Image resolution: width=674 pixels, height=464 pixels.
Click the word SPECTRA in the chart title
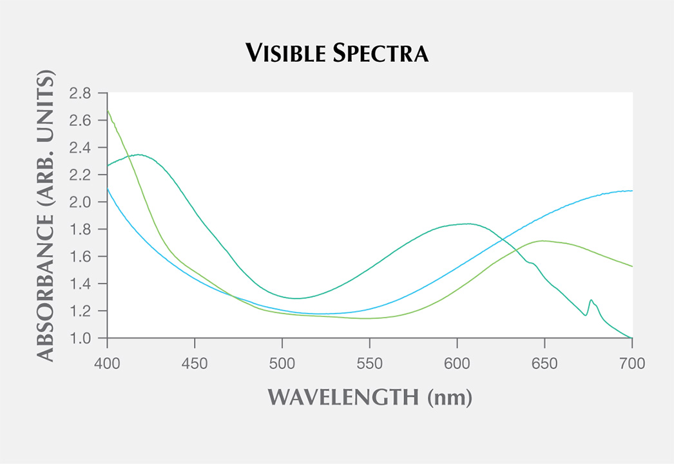380,54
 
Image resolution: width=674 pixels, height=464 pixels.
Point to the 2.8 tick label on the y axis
81,93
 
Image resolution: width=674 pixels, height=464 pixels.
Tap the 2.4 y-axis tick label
81,148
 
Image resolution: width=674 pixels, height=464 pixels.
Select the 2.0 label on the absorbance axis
81,202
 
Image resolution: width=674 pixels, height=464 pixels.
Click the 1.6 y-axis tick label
81,257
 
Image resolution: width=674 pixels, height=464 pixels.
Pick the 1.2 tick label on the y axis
81,311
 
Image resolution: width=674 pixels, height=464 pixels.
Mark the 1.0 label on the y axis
81,338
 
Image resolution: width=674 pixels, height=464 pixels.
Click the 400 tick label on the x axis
107,364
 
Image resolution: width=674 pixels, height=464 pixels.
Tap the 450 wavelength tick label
195,364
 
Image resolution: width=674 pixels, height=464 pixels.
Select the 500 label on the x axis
282,364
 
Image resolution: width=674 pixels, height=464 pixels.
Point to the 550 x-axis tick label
370,364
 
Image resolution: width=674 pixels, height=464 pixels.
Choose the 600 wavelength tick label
457,364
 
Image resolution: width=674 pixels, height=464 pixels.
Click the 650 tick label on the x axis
544,364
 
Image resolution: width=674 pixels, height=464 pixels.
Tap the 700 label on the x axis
631,364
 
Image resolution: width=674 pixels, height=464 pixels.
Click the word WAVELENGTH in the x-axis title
343,397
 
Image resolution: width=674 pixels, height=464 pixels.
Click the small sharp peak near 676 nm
590,300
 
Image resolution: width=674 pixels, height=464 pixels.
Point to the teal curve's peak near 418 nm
139,155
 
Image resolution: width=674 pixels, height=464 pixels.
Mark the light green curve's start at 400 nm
108,110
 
